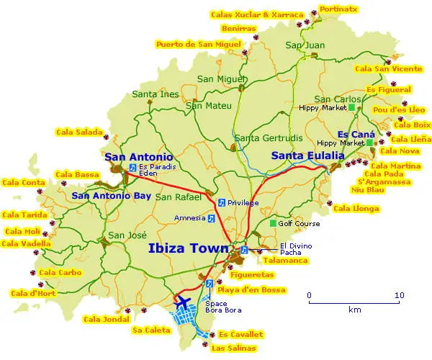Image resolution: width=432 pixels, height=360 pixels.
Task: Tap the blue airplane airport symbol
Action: tap(183, 300)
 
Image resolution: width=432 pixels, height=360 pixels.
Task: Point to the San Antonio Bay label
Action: tap(111, 195)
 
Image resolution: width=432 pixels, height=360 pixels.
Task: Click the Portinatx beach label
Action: tap(338, 9)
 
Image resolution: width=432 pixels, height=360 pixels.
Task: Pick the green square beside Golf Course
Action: tap(273, 223)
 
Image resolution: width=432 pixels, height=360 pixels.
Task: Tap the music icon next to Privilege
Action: tap(221, 202)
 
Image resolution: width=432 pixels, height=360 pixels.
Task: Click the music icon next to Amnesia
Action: tap(211, 217)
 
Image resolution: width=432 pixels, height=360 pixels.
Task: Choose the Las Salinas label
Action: tap(233, 348)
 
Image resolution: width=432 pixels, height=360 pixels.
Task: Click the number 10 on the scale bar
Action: tap(399, 295)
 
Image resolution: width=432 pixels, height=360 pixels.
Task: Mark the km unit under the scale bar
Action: tap(354, 310)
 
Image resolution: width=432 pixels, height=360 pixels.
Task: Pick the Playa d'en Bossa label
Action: tap(251, 290)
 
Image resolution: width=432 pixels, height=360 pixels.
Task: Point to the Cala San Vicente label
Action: tap(388, 68)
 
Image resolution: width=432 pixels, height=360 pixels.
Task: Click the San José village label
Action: tap(127, 235)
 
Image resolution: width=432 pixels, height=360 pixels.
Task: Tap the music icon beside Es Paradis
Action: tap(132, 167)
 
